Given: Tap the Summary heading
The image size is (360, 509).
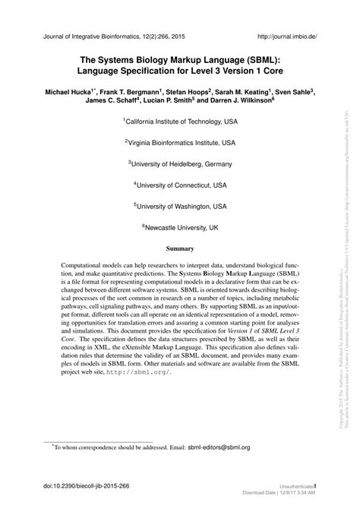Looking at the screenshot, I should (x=180, y=248).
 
